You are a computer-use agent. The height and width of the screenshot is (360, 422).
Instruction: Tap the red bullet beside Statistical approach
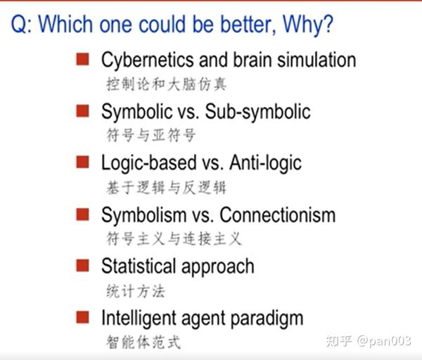82,265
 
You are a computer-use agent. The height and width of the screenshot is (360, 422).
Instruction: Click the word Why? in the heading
307,25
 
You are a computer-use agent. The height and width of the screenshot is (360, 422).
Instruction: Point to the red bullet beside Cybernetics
82,59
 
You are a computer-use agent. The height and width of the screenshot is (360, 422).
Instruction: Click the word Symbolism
144,214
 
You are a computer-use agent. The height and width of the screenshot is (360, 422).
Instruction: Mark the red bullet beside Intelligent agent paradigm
82,317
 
